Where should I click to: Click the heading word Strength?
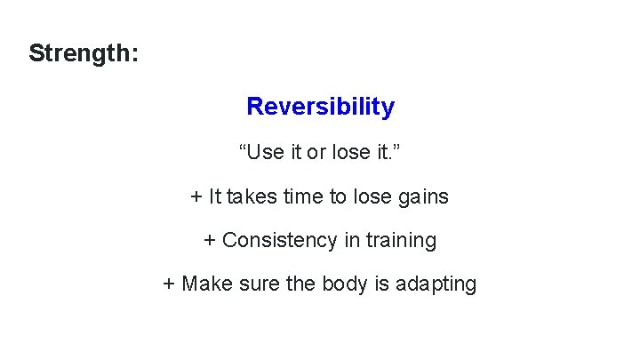coord(84,53)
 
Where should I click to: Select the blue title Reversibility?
coord(320,107)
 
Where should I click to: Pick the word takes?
coord(253,196)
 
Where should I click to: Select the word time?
coord(305,196)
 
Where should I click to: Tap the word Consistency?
coord(274,240)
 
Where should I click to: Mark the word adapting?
coord(436,285)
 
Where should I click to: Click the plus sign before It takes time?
coord(196,196)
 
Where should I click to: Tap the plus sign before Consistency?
coord(210,241)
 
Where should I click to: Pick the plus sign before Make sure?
coord(169,285)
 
